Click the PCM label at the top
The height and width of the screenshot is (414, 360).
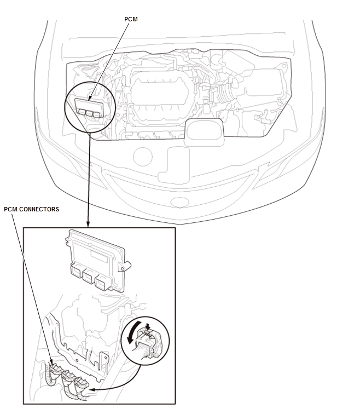pyautogui.click(x=131, y=19)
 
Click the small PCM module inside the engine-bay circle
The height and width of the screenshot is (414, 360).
pyautogui.click(x=89, y=108)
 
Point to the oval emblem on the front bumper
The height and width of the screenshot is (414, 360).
pyautogui.click(x=180, y=203)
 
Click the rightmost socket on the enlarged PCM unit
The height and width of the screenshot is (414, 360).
pyautogui.click(x=102, y=283)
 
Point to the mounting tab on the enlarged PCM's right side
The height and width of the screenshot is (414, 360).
pyautogui.click(x=125, y=266)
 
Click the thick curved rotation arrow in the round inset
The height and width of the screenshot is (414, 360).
pyautogui.click(x=133, y=332)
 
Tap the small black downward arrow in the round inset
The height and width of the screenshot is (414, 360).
pyautogui.click(x=148, y=326)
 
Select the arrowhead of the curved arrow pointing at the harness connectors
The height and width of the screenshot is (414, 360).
pyautogui.click(x=92, y=390)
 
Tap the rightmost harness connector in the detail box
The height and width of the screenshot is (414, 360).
pyautogui.click(x=81, y=382)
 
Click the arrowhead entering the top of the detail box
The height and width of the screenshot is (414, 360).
pyautogui.click(x=88, y=223)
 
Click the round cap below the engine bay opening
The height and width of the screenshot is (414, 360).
pyautogui.click(x=143, y=156)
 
